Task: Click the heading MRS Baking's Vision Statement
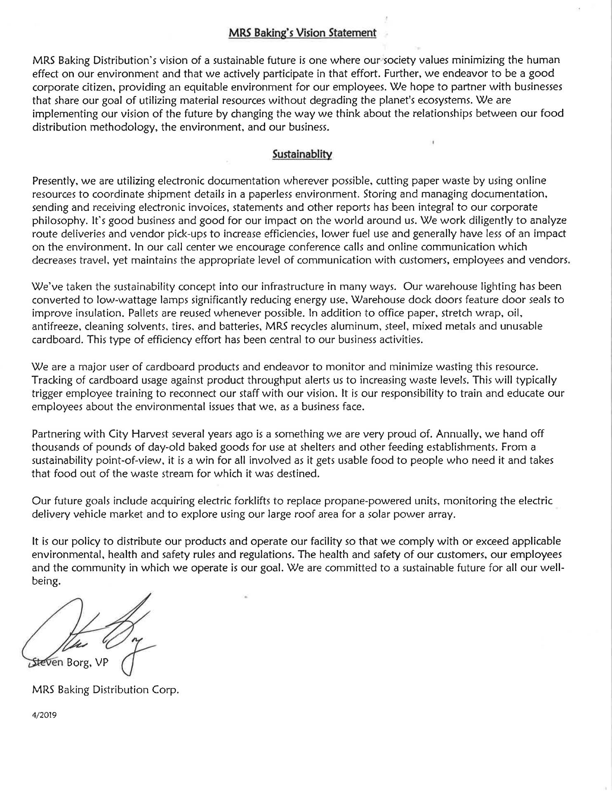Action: click(x=302, y=33)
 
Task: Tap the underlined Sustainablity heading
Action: click(x=302, y=154)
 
